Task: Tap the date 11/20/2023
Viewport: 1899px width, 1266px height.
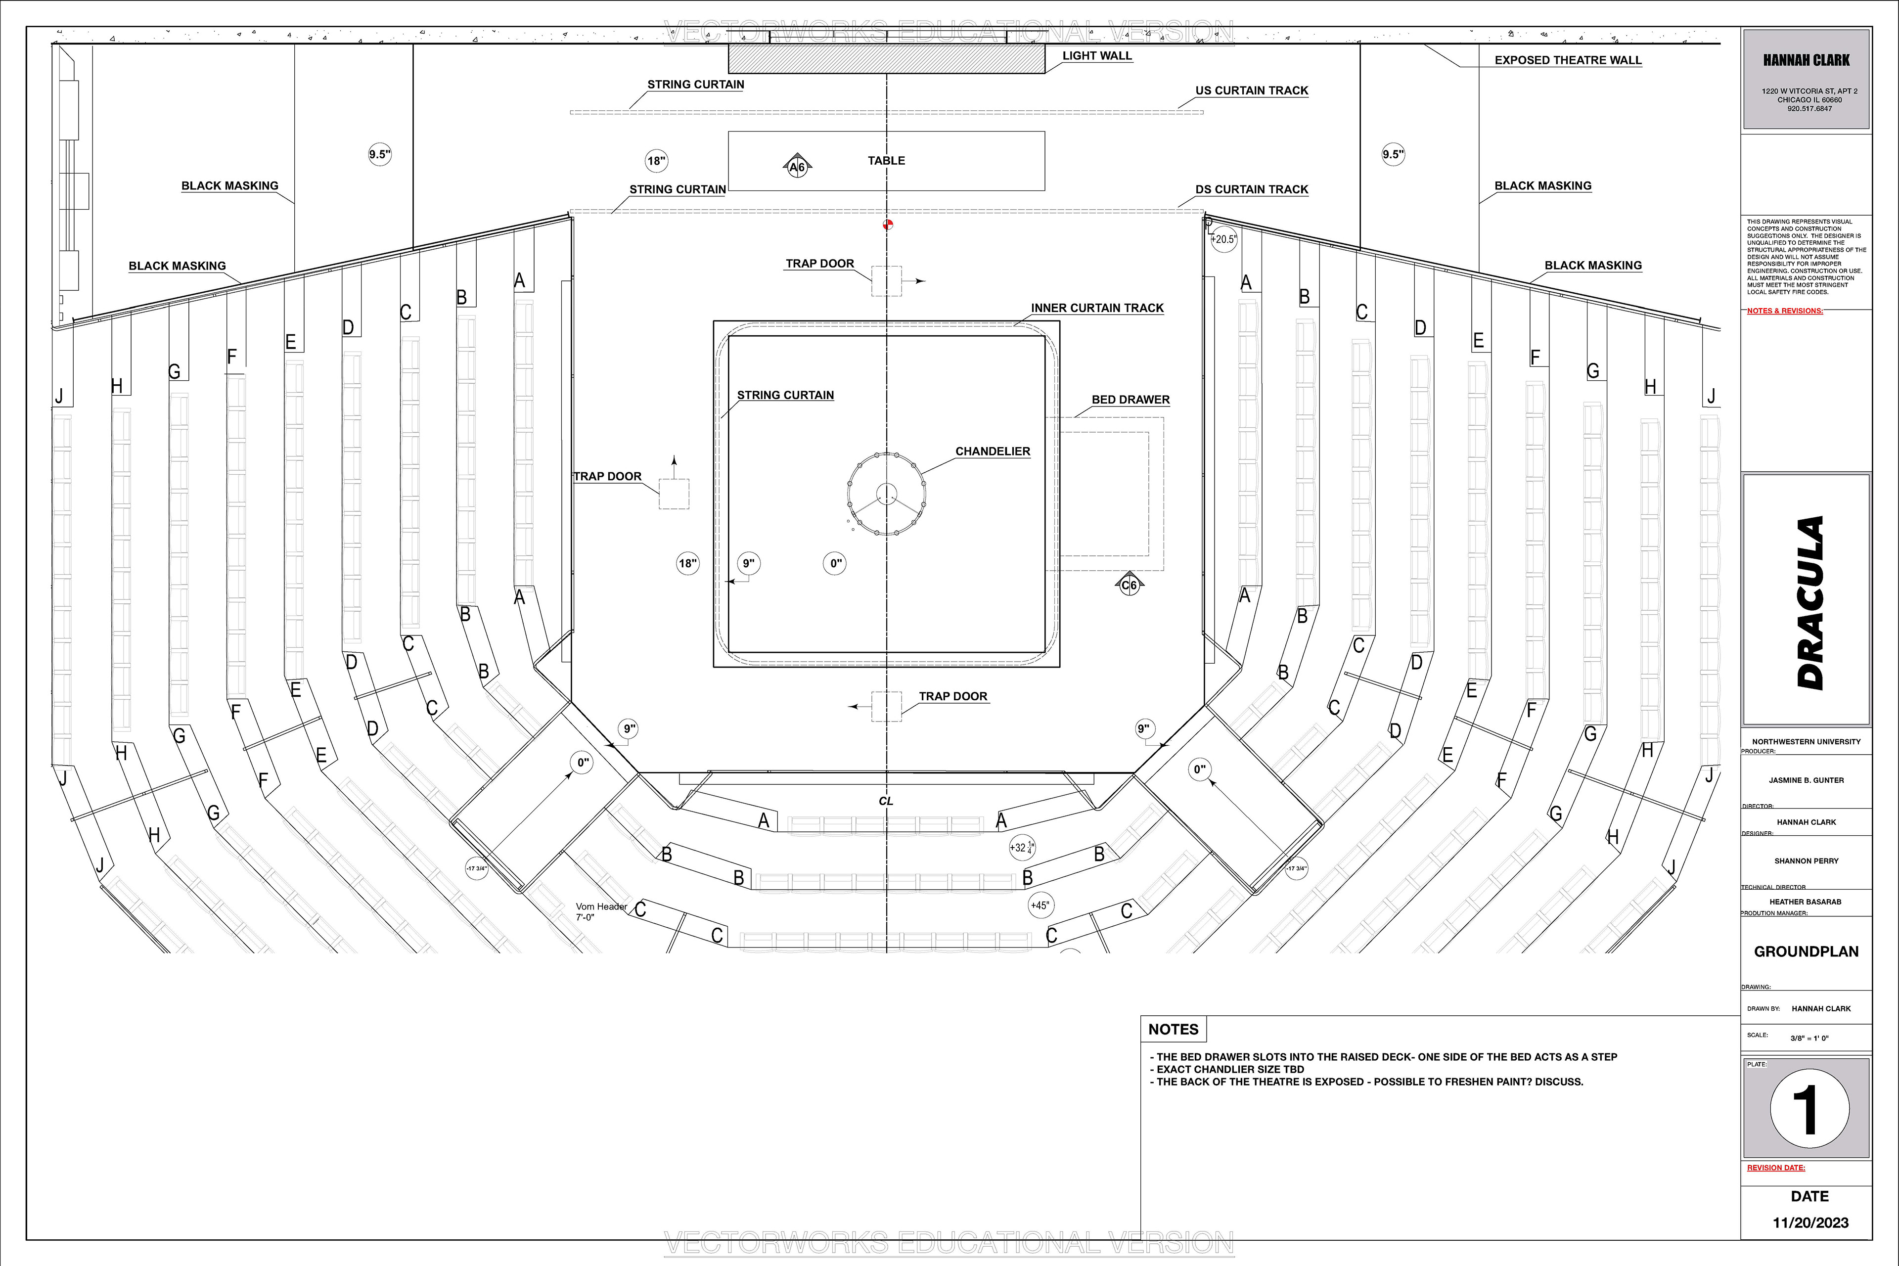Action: click(1810, 1222)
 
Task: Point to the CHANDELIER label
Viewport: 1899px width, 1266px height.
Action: click(993, 452)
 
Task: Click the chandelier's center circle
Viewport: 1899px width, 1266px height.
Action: click(887, 494)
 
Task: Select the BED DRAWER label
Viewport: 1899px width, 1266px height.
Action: click(1130, 400)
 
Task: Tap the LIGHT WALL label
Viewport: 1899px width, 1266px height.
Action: click(1096, 56)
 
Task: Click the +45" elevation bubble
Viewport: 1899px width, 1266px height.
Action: click(1040, 905)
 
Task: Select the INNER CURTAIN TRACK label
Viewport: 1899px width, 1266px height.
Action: click(1096, 308)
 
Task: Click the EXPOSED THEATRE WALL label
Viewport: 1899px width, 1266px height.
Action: click(1567, 60)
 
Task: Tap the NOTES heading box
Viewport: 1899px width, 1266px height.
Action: click(1173, 1030)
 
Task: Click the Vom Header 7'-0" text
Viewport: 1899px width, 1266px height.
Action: click(601, 911)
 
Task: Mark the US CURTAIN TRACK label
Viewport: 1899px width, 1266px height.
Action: click(1252, 90)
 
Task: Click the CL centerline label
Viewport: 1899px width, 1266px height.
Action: click(886, 801)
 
